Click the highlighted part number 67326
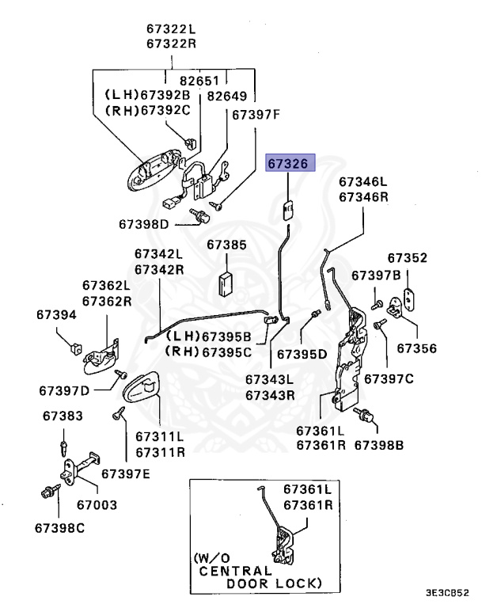click(x=290, y=164)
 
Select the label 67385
click(x=226, y=245)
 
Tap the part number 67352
click(x=407, y=258)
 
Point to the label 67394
click(x=56, y=315)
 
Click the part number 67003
click(x=97, y=503)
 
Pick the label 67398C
click(x=60, y=526)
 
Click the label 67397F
click(x=256, y=115)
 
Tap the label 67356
click(x=416, y=348)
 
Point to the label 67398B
click(x=378, y=445)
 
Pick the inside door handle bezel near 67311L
click(x=142, y=388)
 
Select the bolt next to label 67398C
click(x=47, y=492)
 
